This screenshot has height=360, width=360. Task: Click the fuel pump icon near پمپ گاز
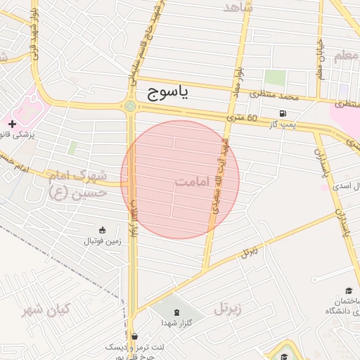click(x=283, y=113)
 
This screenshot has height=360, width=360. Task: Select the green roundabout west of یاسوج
click(x=130, y=107)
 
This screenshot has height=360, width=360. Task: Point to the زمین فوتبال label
click(x=103, y=241)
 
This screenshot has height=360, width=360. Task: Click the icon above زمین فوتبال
click(x=103, y=230)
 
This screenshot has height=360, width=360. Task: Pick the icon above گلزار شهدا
click(x=176, y=311)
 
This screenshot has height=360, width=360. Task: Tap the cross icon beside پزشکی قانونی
click(x=12, y=124)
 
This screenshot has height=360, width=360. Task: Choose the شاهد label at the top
click(x=236, y=8)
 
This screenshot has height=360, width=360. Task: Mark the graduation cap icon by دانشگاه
click(x=349, y=291)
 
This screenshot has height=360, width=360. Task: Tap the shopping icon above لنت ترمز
click(x=134, y=336)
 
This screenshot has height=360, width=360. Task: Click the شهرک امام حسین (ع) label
click(x=78, y=183)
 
